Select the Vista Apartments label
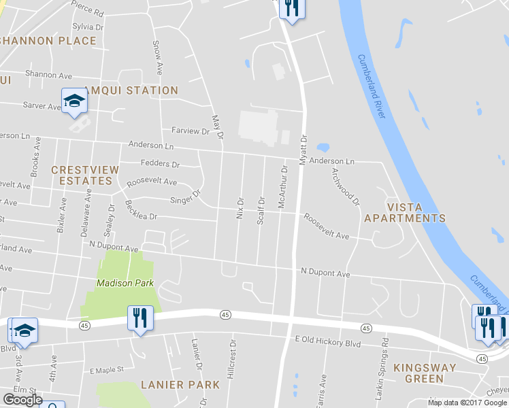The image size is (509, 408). (405, 212)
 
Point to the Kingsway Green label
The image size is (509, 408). (429, 373)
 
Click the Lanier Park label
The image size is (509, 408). (180, 385)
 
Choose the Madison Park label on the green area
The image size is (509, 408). (125, 283)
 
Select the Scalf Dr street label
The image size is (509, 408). (261, 211)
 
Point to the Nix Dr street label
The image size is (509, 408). (240, 209)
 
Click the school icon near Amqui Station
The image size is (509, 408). (74, 101)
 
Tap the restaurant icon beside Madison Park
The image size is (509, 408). (139, 318)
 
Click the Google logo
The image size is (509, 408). (23, 400)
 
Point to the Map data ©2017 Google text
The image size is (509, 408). (467, 403)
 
